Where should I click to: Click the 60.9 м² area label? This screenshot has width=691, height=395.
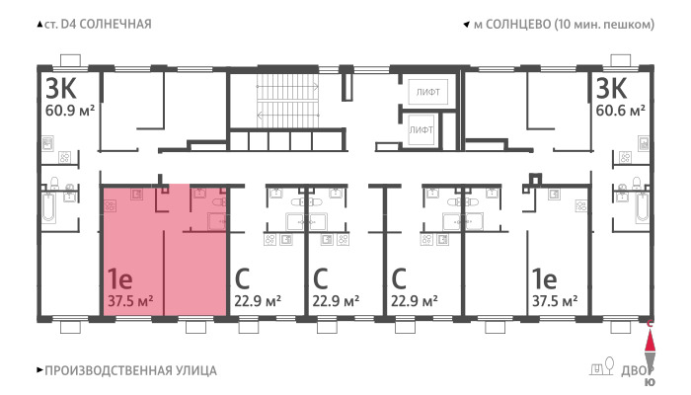tap(70, 111)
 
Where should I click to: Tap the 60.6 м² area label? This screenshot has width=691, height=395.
tap(620, 111)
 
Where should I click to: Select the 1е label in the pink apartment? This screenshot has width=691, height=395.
tap(119, 278)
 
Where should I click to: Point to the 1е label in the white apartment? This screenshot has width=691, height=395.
tap(544, 278)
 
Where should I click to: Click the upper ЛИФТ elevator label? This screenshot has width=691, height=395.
tap(427, 92)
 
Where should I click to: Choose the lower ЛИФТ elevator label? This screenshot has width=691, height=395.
tap(421, 130)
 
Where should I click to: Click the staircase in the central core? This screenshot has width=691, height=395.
tap(287, 101)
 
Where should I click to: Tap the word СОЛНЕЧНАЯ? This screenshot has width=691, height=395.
tap(115, 24)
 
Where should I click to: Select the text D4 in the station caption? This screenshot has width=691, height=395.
tap(68, 24)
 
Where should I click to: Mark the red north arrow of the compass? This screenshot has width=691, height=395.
tap(650, 342)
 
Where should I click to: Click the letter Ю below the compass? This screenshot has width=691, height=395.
tap(650, 383)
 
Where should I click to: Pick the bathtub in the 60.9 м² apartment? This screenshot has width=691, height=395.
tap(49, 207)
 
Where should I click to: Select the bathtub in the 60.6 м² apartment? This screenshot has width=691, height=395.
tap(643, 207)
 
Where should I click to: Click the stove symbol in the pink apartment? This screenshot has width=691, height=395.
tap(110, 205)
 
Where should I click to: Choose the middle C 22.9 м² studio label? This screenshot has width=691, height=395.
tap(336, 288)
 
